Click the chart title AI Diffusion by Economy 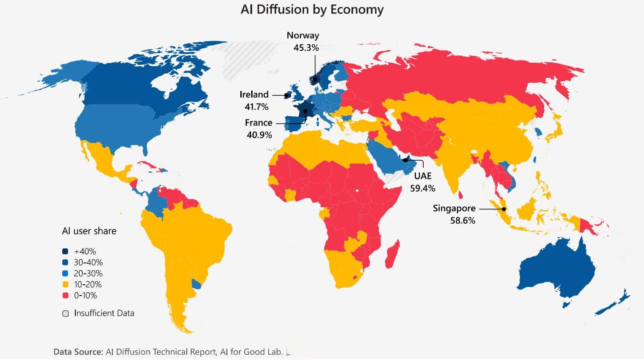pos(312,10)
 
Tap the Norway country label pos(303,36)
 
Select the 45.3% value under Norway pos(306,47)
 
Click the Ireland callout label pos(254,94)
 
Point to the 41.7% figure pos(256,107)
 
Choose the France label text pos(258,123)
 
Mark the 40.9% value pos(259,135)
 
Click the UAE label pos(422,176)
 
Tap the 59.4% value pos(422,188)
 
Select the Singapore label pos(454,209)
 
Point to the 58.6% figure pos(462,221)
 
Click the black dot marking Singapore pos(504,209)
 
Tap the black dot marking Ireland pos(287,95)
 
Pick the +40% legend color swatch pos(65,252)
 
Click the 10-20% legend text pos(88,285)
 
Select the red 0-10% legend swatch pos(65,296)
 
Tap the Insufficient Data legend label pos(104,313)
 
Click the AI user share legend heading pos(89,231)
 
